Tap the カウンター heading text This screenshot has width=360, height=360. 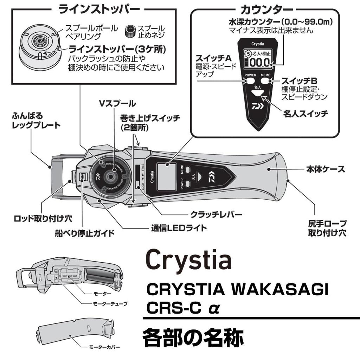[x=265, y=8]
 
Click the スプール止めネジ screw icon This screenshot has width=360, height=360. [x=130, y=31]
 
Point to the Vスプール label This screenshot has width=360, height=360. [x=117, y=103]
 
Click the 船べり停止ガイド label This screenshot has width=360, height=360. [x=85, y=233]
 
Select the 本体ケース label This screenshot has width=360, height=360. [x=324, y=169]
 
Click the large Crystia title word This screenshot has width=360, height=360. [x=188, y=261]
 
